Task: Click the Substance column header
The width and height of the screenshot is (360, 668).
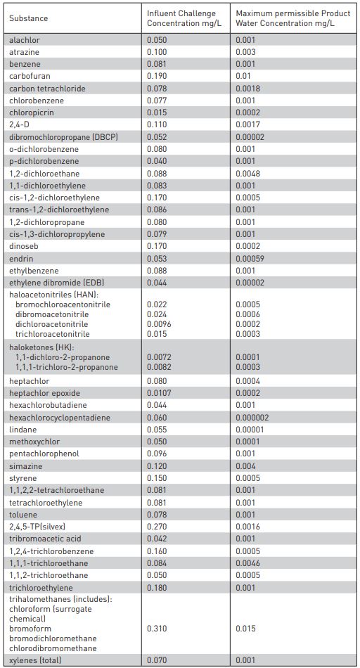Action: (x=29, y=18)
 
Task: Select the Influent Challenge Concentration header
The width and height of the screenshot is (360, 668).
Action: (x=181, y=18)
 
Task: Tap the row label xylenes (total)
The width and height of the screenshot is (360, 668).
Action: (x=35, y=661)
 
